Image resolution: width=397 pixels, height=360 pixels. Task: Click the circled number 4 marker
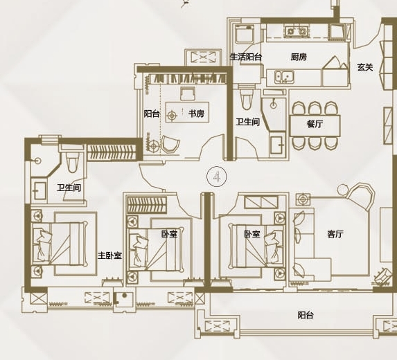216,177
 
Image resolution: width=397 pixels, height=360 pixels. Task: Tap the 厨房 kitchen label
299,57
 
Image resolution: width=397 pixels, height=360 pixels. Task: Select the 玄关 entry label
365,67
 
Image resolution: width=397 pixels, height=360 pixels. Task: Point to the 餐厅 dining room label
315,124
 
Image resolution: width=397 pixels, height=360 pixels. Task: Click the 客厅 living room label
335,234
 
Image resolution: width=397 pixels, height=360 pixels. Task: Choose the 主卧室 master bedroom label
110,255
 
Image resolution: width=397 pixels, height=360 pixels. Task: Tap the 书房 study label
196,114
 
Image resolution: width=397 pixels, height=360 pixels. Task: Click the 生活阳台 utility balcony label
245,57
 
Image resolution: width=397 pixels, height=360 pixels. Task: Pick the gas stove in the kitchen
297,31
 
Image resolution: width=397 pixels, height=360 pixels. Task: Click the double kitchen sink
284,76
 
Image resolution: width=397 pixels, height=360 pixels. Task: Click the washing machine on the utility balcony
245,35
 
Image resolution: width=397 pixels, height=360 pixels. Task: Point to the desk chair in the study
188,93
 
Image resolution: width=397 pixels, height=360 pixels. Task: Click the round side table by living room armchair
343,189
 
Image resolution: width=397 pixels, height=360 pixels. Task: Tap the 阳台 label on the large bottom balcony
306,315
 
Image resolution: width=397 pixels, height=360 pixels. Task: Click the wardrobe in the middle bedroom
147,204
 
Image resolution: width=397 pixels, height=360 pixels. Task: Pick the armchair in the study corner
170,144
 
